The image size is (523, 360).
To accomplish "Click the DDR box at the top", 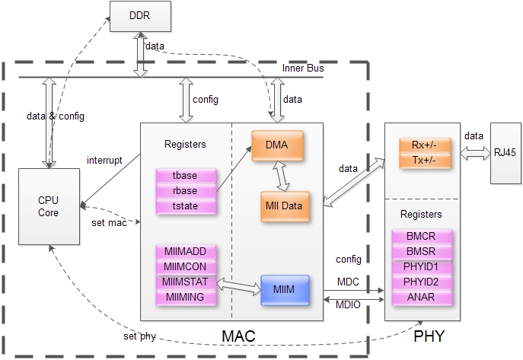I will [x=139, y=16].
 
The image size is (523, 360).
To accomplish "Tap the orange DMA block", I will [x=277, y=145].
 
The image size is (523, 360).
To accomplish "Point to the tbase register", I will [x=185, y=177].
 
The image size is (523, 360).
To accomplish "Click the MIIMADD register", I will [x=185, y=251].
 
